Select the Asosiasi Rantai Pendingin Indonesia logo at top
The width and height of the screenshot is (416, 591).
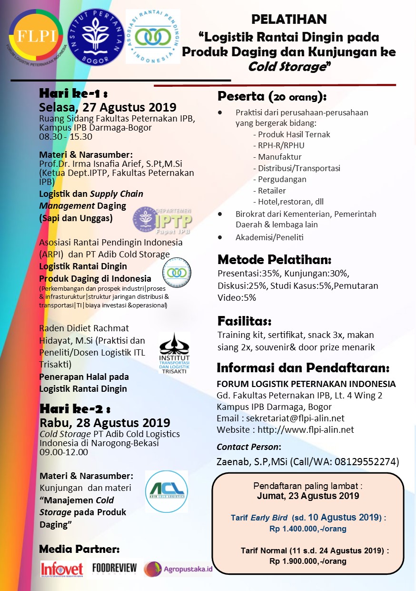point(153,36)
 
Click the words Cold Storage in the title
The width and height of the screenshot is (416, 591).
point(287,67)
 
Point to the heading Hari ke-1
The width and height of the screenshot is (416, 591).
point(75,93)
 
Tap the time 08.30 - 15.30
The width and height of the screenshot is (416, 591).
point(66,137)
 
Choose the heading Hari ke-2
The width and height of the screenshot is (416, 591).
point(75,408)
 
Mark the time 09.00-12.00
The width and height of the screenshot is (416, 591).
point(64,452)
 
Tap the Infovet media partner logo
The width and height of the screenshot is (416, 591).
point(62,569)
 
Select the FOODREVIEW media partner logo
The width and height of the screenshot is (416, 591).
point(115,568)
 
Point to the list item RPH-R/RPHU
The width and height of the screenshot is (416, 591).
point(281,145)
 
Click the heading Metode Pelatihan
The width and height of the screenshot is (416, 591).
point(274,260)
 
